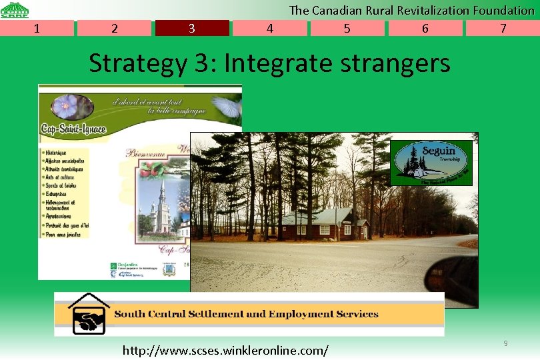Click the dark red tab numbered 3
(x=192, y=28)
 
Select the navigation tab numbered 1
(x=37, y=28)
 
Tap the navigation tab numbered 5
(x=347, y=28)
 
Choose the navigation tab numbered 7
(x=503, y=28)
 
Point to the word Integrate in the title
(x=278, y=63)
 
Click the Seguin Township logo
(x=431, y=163)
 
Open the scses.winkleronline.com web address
(x=225, y=350)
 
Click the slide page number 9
(x=505, y=343)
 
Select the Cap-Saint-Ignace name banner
(x=73, y=129)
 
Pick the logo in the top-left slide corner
(x=14, y=9)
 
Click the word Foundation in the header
(x=503, y=10)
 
